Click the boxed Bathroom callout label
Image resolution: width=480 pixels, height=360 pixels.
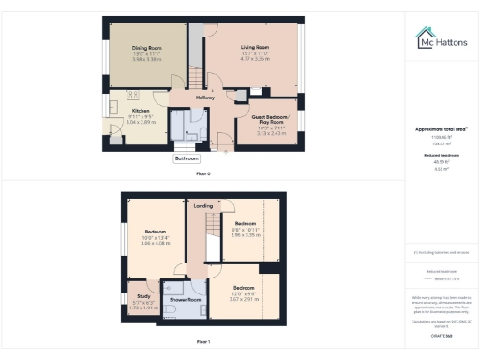click(187, 158)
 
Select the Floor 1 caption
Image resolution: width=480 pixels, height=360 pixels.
click(203, 341)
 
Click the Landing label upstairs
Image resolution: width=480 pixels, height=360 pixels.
click(202, 205)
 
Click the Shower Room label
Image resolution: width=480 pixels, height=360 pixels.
click(188, 300)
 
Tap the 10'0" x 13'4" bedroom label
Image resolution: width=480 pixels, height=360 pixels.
click(156, 231)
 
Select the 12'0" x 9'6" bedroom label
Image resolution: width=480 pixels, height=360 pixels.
click(244, 287)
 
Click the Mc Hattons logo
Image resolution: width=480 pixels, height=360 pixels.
click(442, 40)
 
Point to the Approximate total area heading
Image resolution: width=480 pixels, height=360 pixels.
click(440, 128)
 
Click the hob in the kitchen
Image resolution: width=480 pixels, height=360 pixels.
click(132, 95)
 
